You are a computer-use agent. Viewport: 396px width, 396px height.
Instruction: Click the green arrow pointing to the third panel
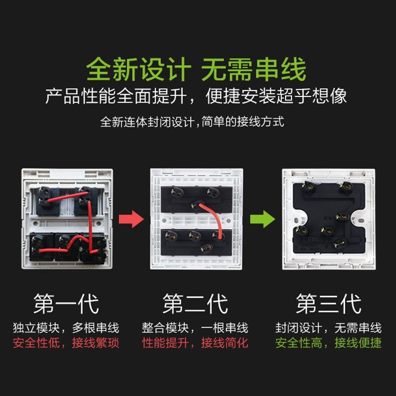point(262,218)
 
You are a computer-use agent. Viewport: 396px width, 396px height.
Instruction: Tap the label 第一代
point(66,303)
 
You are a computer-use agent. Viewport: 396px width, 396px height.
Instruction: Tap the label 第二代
point(196,303)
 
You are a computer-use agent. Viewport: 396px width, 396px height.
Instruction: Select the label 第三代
point(328,303)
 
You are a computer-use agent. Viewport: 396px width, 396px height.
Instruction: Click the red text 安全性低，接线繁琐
point(66,343)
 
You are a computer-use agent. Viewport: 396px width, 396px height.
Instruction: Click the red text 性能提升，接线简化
point(196,343)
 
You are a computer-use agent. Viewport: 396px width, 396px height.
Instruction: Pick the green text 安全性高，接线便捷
point(328,343)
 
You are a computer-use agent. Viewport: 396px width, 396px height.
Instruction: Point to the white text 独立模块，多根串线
point(66,328)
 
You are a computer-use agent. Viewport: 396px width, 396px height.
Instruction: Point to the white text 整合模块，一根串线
point(196,328)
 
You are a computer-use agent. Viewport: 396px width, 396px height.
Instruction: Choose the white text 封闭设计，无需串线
point(328,328)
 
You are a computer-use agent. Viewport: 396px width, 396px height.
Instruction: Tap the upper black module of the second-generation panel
point(196,197)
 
